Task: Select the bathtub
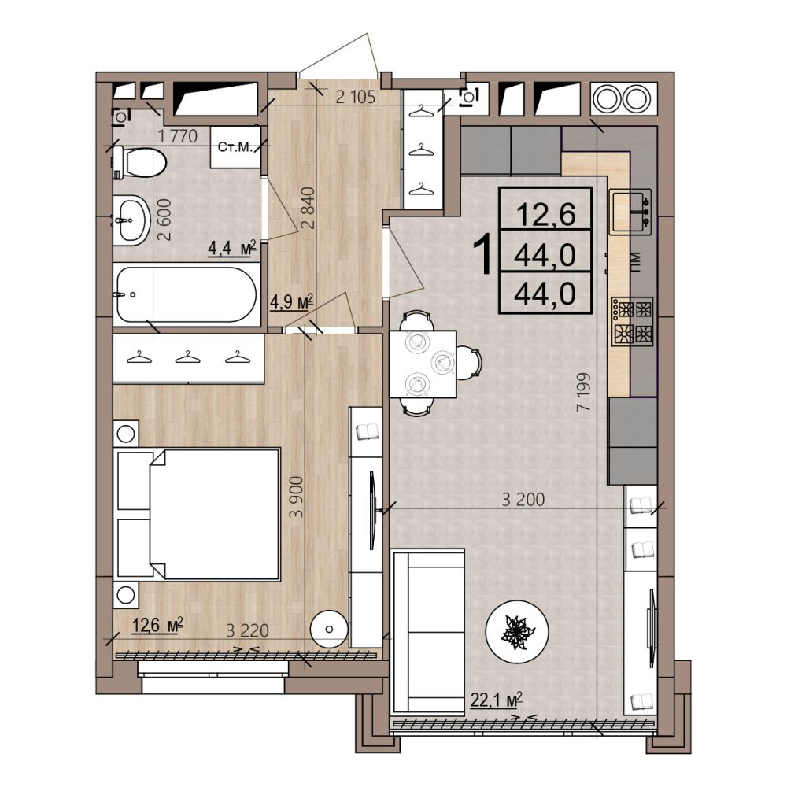[x=186, y=294]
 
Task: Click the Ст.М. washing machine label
[x=235, y=147]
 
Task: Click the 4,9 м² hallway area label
[x=292, y=302]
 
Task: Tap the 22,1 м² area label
[x=497, y=699]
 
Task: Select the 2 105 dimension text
[x=356, y=97]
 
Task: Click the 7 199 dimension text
[x=584, y=393]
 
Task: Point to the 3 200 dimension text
[x=523, y=499]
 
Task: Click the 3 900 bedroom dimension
[x=297, y=497]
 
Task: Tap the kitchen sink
[x=630, y=212]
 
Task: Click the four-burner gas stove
[x=633, y=321]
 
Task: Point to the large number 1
[x=485, y=256]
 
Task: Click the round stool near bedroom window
[x=329, y=629]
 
